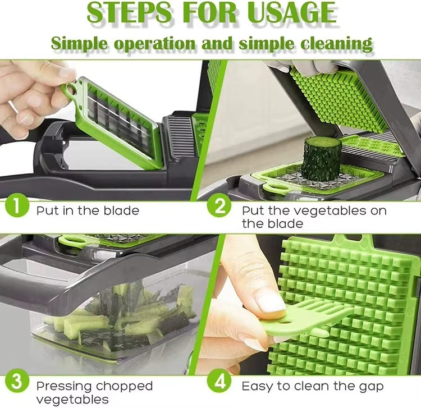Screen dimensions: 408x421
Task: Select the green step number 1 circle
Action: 18,207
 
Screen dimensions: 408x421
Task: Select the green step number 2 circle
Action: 219,207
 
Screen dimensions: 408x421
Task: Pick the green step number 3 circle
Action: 18,384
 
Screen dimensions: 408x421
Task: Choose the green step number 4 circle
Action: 219,384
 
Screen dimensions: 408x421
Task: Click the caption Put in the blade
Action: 88,211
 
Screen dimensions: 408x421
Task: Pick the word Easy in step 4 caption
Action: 256,386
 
